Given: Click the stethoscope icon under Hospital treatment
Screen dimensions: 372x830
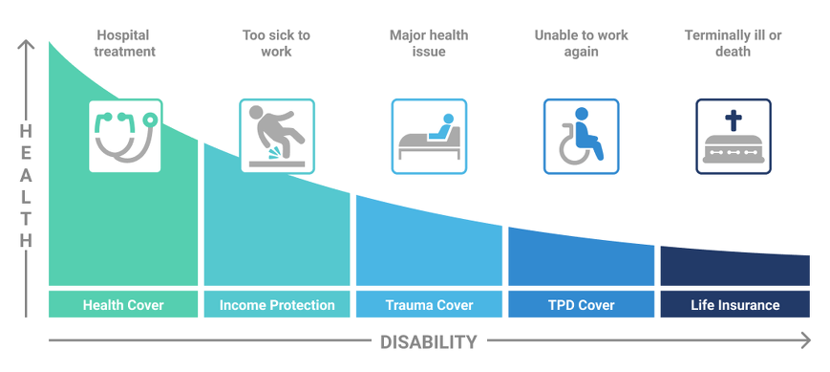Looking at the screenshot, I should [125, 136].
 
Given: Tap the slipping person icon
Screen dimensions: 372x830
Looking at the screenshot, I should [276, 136].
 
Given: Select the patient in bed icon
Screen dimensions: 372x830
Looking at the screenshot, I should [429, 136].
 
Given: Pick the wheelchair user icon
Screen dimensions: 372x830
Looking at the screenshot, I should [581, 136].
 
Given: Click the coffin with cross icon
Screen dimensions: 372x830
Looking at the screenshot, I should [734, 136].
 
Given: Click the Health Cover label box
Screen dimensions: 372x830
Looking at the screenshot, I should [123, 305].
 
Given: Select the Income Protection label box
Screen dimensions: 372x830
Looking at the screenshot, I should [277, 305].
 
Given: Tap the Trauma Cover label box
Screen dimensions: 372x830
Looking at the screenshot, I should [429, 305].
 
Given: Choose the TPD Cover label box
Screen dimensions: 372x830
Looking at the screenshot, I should [581, 305].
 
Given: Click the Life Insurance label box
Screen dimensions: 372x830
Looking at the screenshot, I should [734, 305].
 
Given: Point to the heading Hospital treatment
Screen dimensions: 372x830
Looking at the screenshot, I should [125, 43].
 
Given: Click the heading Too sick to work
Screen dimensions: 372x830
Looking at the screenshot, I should [276, 43].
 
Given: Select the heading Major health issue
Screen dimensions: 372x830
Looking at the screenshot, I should [429, 43].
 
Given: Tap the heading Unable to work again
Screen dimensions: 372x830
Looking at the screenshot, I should [581, 43].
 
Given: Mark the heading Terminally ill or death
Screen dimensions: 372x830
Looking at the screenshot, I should [734, 43].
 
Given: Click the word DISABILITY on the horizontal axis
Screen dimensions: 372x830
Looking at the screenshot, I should [428, 341].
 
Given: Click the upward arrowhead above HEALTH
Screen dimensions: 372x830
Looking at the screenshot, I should [27, 44].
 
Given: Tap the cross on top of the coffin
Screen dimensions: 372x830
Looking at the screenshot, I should [734, 120].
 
